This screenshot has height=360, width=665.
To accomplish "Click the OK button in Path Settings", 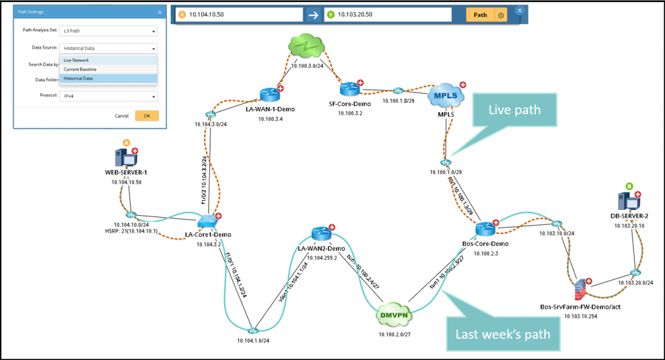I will point(146,116).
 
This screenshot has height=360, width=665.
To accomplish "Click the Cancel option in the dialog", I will point(121,116).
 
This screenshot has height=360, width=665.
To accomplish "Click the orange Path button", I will point(480,15).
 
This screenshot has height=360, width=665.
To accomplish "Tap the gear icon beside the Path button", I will point(501,15).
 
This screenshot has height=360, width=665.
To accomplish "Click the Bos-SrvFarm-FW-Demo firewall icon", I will point(579,287).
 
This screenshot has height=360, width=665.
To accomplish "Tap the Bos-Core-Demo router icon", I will point(484,229).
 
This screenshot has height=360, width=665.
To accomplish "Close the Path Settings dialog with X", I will point(160,12).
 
